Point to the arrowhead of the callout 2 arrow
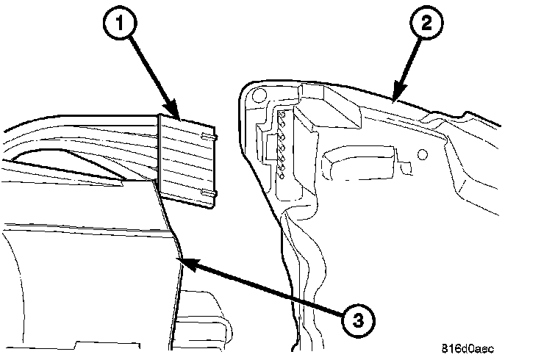tap(394, 98)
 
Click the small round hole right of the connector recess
tap(421, 155)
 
